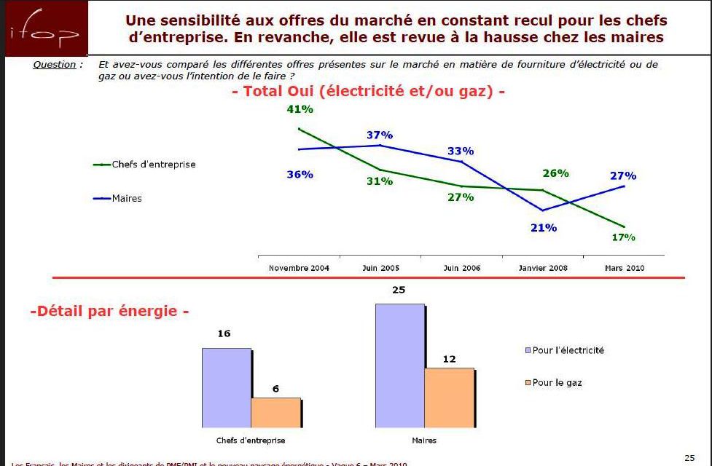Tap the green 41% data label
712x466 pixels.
[x=300, y=110]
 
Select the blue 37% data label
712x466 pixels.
[x=380, y=135]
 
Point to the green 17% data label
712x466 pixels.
[x=623, y=237]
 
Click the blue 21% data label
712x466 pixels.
[x=544, y=228]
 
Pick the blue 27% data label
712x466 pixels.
[x=623, y=176]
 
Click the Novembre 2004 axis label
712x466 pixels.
[x=299, y=268]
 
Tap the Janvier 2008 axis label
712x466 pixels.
[x=543, y=268]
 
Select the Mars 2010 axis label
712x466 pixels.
[x=625, y=268]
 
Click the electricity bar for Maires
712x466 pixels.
[x=399, y=365]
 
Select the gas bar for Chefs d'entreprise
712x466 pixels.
[x=275, y=412]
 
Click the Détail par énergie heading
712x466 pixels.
[x=109, y=312]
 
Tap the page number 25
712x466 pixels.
[x=689, y=457]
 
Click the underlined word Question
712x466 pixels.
[x=55, y=65]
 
